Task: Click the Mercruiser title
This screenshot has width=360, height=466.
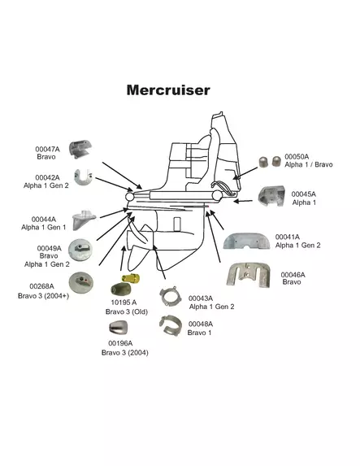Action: click(x=168, y=90)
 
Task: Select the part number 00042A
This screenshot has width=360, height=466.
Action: click(x=47, y=176)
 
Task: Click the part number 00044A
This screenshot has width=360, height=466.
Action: click(x=44, y=219)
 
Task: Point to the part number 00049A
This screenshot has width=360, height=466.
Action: click(x=49, y=248)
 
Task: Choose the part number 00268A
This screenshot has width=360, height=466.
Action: click(x=41, y=286)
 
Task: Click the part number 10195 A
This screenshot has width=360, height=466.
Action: click(x=124, y=303)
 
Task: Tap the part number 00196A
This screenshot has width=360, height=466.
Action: click(x=120, y=344)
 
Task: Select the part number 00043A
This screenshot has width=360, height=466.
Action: click(x=201, y=298)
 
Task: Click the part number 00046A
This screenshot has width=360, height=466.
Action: click(x=293, y=274)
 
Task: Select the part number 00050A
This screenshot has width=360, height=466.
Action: click(x=297, y=155)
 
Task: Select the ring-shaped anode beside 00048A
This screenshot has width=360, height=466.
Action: click(x=173, y=325)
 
